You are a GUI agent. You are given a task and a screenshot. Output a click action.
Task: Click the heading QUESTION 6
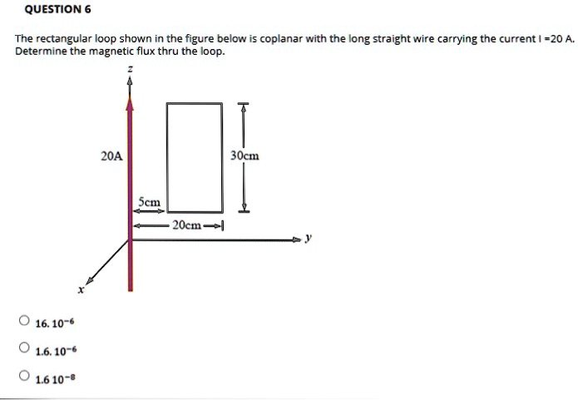(57, 10)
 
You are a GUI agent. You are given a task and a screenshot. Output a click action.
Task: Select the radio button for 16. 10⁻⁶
(26, 321)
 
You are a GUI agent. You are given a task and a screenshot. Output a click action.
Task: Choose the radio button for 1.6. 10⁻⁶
(26, 348)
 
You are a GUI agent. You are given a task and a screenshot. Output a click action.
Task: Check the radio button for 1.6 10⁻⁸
(26, 377)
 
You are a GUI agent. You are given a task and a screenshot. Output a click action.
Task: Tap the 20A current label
(111, 156)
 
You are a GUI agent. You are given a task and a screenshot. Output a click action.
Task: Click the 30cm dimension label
(245, 156)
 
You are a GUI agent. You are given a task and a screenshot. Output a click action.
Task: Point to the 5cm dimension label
(150, 201)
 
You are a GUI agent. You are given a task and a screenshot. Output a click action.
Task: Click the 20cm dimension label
(185, 225)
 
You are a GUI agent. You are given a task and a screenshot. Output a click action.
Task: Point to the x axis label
(81, 289)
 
